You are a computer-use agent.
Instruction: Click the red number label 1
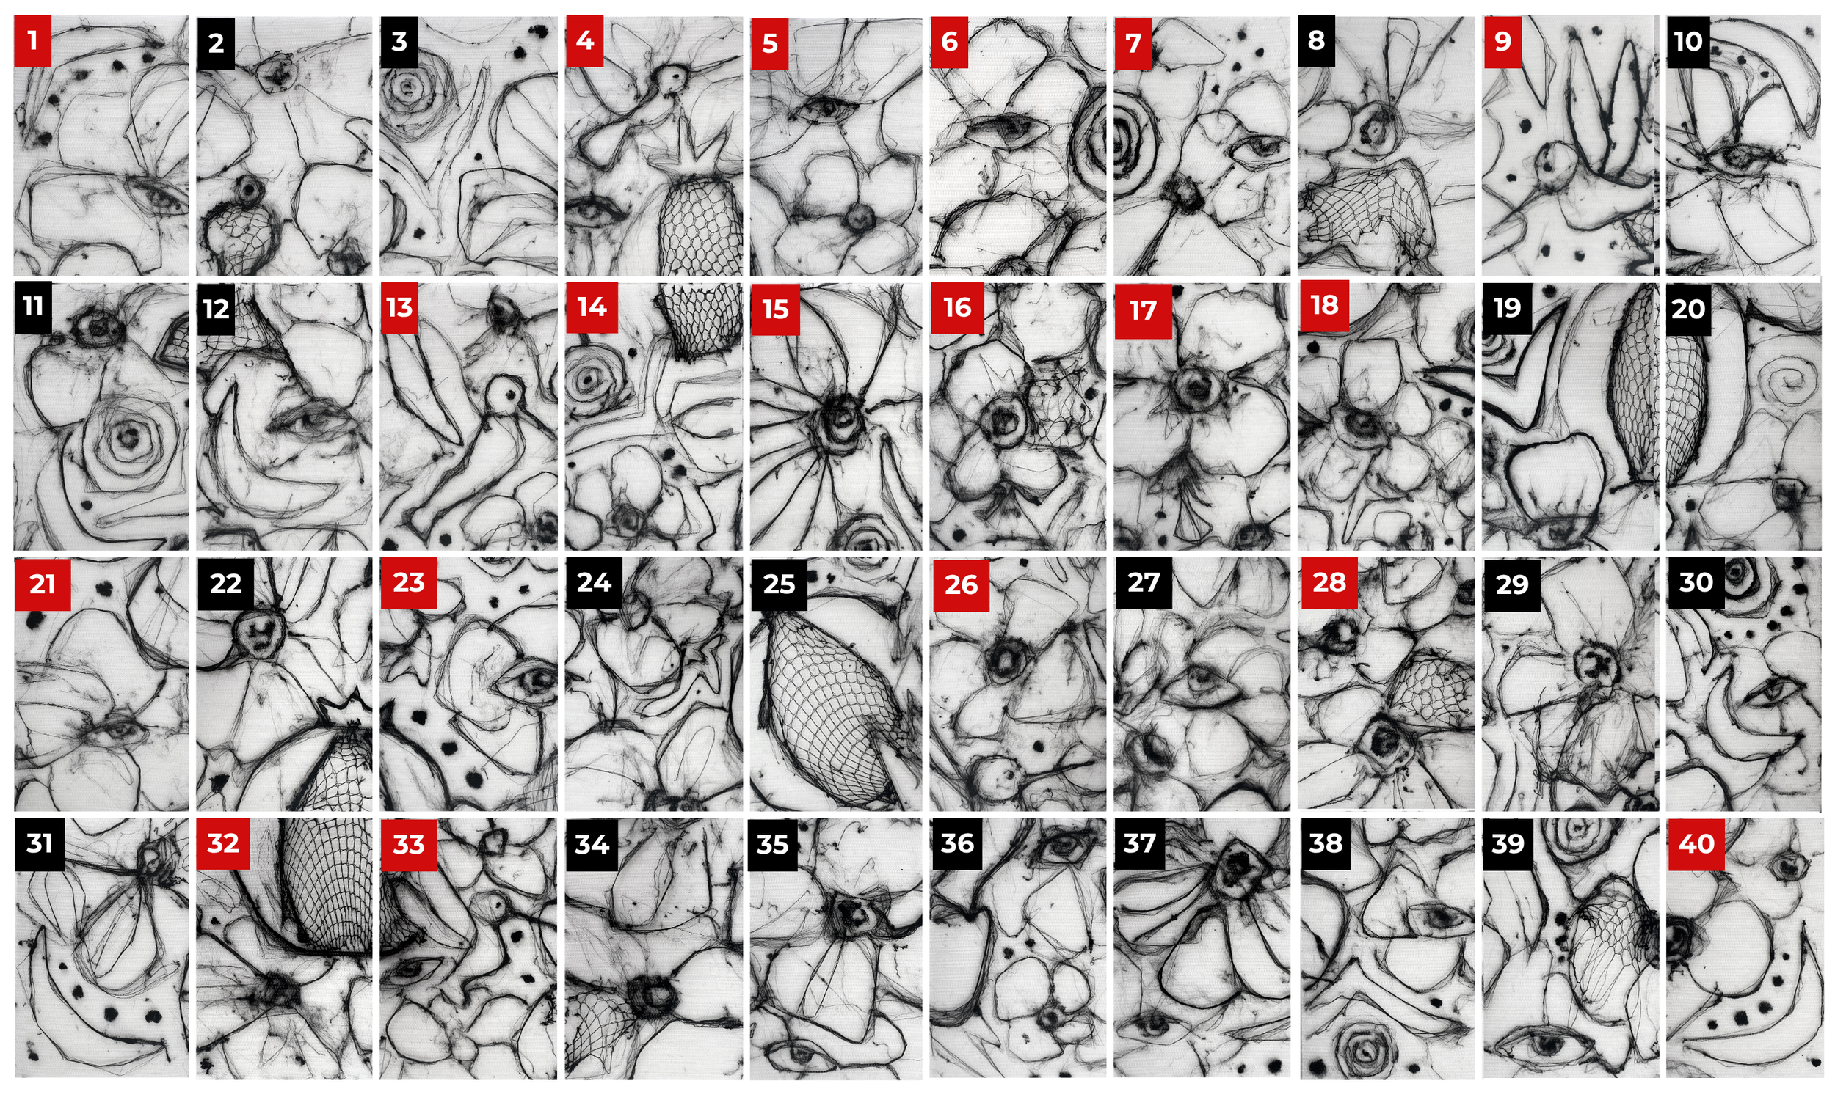(x=32, y=42)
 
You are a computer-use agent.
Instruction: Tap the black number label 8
(x=1317, y=42)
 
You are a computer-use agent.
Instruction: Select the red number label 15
(x=775, y=309)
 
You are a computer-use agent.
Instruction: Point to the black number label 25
(x=779, y=584)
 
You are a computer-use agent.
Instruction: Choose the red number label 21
(x=43, y=584)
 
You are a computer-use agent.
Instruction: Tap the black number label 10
(x=1688, y=42)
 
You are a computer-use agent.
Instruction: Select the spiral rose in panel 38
(x=1365, y=1049)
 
